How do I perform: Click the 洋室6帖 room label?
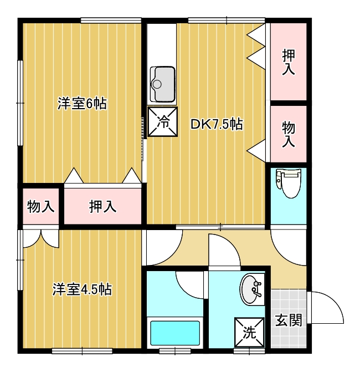tap(82, 104)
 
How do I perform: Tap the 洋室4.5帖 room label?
tap(82, 289)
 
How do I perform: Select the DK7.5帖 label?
tap(217, 124)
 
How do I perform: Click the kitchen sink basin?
tap(163, 84)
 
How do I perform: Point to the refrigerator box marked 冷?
tap(163, 122)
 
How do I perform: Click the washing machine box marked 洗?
tap(249, 332)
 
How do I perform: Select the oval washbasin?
tap(251, 289)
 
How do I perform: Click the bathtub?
tap(175, 333)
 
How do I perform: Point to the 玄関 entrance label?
tap(289, 320)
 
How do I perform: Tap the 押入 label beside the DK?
tap(289, 63)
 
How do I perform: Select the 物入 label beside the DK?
tap(289, 134)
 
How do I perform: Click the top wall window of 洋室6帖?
tap(111, 20)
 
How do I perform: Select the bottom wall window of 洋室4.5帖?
tap(82, 351)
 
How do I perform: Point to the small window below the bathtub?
tap(175, 351)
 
